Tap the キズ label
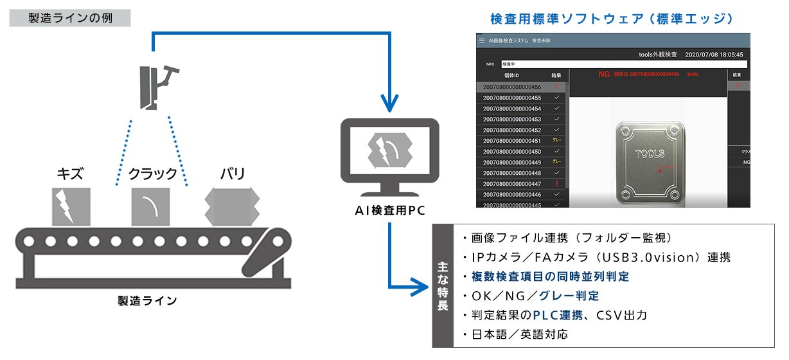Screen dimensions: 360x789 [x=70, y=174]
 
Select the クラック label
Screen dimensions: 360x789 [x=152, y=174]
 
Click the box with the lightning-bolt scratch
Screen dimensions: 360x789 [x=71, y=206]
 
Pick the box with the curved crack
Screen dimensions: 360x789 [x=151, y=206]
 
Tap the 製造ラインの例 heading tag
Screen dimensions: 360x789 [x=70, y=17]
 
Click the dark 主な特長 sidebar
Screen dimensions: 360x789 [x=442, y=285]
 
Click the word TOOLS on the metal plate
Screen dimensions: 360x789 [x=650, y=154]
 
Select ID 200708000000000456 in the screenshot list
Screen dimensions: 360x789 [x=512, y=87]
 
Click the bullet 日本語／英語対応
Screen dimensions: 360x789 [x=515, y=334]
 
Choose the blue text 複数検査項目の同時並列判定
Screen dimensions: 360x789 [x=549, y=276]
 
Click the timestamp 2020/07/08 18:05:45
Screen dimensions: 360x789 [x=714, y=55]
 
